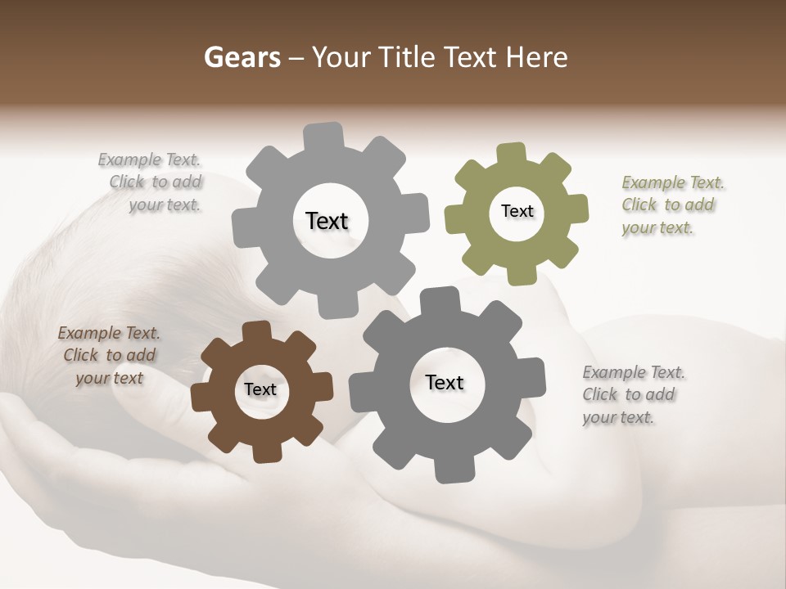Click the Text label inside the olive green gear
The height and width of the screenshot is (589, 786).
517,211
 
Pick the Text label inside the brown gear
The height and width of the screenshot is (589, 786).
260,389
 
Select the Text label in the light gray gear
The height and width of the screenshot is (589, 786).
327,221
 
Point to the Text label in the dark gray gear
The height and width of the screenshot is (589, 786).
444,382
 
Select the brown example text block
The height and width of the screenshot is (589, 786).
109,355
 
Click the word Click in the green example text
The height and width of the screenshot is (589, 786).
640,205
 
